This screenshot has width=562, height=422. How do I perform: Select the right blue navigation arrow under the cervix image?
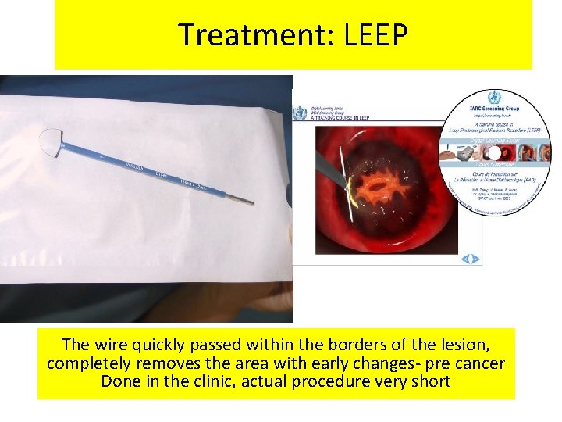click(475, 259)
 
